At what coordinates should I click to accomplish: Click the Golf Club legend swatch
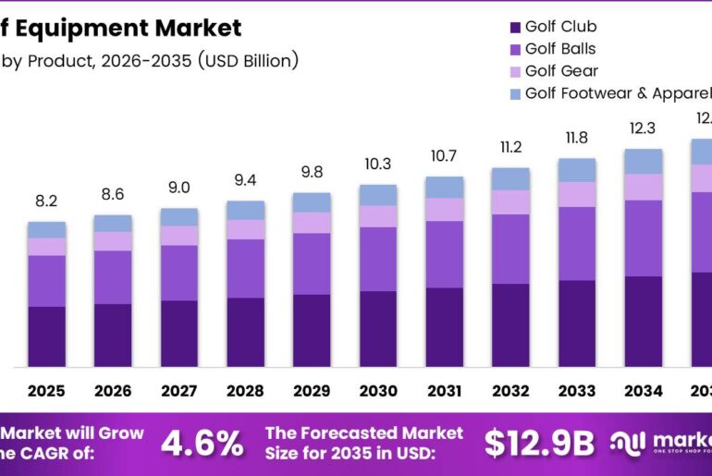[514, 27]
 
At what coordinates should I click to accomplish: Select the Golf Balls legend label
[560, 49]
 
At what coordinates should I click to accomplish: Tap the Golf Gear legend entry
[561, 71]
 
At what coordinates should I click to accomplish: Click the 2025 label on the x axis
[46, 391]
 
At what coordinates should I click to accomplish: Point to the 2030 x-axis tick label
[378, 391]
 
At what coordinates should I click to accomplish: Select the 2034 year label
[644, 391]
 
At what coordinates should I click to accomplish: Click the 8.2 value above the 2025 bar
[46, 201]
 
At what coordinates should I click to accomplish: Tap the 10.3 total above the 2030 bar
[378, 164]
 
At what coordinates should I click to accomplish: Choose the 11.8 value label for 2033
[577, 138]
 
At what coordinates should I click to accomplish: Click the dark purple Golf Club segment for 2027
[178, 333]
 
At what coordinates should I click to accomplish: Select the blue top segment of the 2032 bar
[510, 178]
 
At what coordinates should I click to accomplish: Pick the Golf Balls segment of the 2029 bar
[312, 263]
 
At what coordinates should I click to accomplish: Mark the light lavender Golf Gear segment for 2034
[644, 187]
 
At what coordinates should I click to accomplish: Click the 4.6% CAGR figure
[202, 444]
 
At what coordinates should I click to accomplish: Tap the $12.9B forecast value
[539, 444]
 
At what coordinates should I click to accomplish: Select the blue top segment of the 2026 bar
[113, 223]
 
